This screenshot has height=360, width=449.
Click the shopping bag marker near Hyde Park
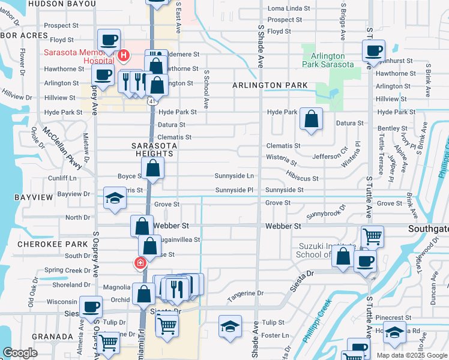point(312,119)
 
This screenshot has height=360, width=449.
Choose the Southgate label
point(428,229)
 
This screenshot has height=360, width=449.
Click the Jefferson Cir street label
point(329,155)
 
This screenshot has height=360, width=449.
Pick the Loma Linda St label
point(289,9)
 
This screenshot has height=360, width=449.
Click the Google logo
point(20,353)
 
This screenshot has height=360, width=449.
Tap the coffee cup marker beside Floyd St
point(109,40)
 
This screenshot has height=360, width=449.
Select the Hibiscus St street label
point(302,179)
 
